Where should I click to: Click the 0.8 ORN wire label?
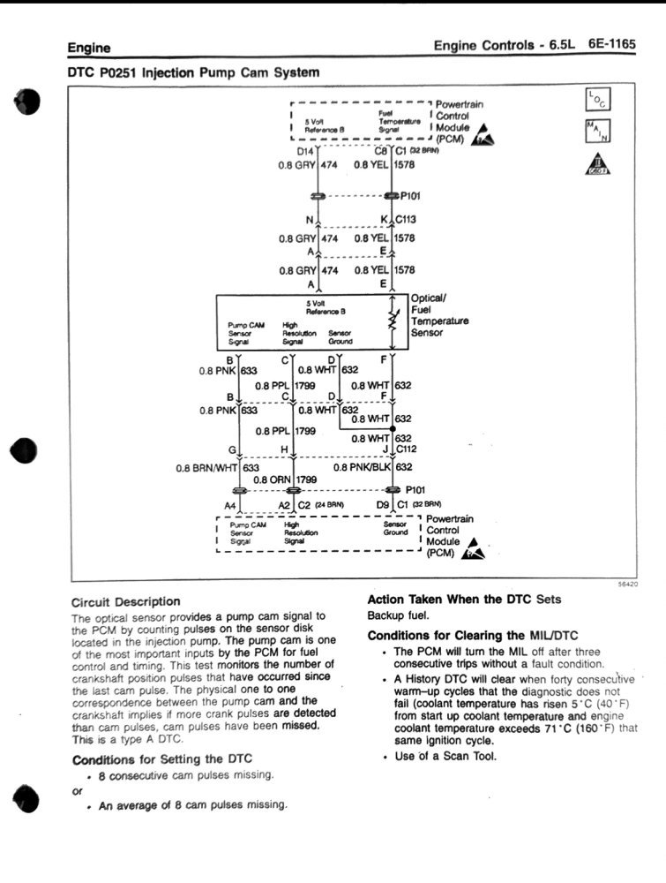click(273, 479)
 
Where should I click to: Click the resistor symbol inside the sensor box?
click(393, 321)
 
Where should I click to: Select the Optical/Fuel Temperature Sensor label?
click(439, 315)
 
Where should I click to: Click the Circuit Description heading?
click(125, 601)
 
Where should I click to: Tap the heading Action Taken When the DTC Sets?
click(464, 599)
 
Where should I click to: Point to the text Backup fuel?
click(397, 615)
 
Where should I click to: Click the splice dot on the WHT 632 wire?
click(393, 428)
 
